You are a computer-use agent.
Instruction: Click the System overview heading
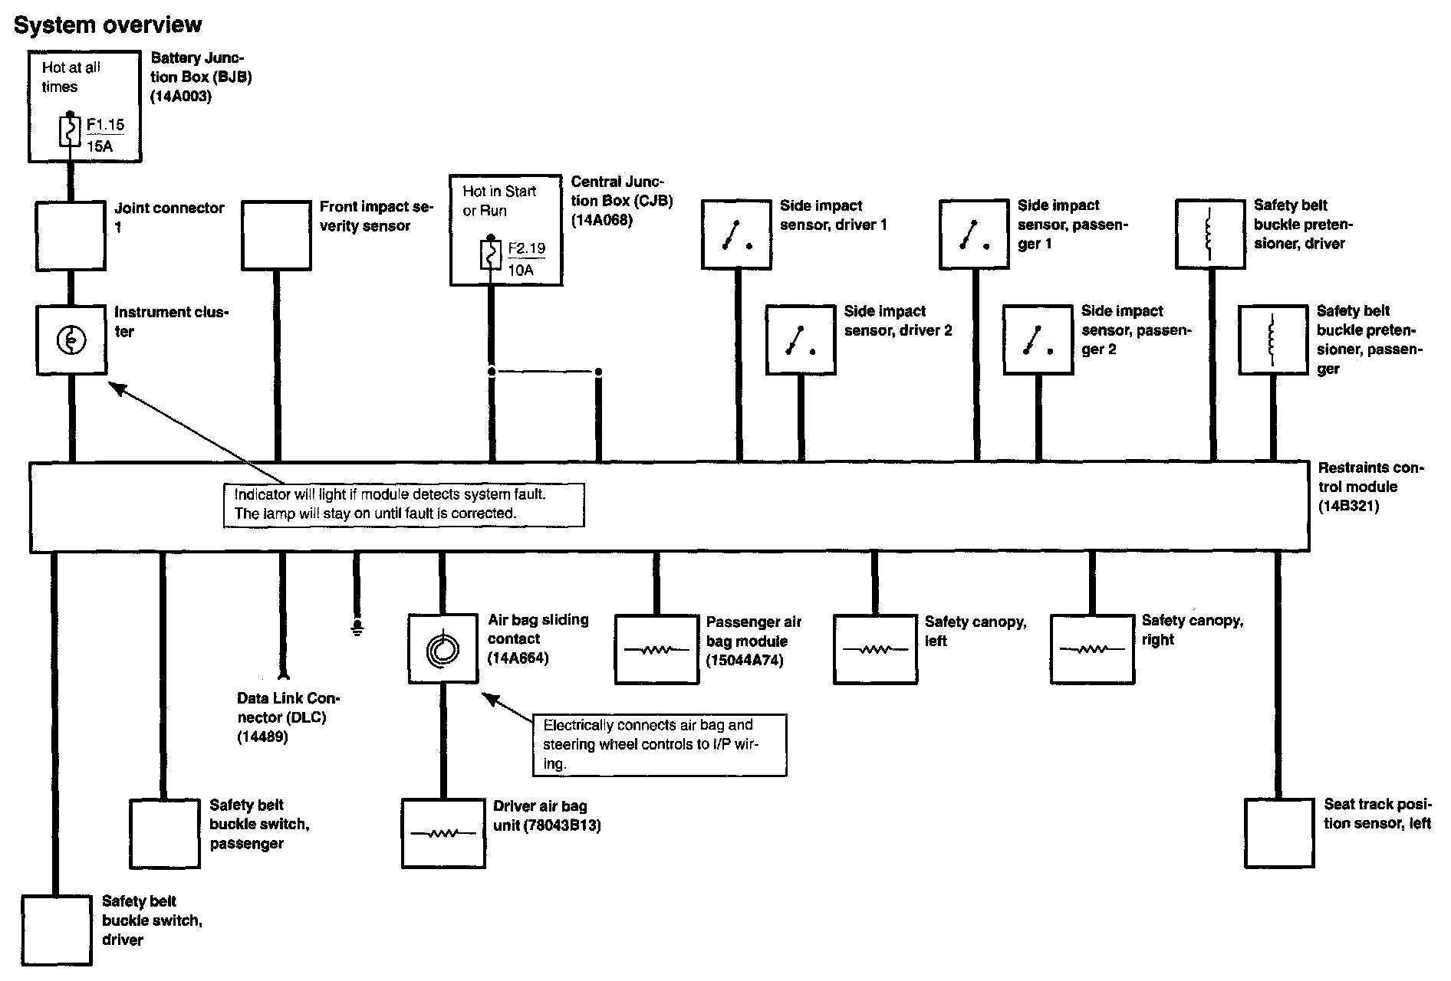108,25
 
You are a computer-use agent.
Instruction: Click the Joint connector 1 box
71,235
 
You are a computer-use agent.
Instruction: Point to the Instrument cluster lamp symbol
71,340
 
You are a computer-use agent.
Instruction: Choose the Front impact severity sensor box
276,235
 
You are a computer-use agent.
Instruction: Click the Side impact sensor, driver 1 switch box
736,235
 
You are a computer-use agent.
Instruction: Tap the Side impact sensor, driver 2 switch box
800,340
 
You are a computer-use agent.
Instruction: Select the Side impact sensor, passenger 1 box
974,235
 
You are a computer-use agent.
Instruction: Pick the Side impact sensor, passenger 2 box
1038,340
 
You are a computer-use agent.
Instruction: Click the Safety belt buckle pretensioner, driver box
1210,234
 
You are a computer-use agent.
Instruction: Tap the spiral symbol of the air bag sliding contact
443,649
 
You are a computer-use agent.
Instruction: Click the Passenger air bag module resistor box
656,649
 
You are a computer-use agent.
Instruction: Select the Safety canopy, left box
875,649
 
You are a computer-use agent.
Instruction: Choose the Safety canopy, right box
1092,649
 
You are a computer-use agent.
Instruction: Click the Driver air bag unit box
443,833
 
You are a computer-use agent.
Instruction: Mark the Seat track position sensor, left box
1278,833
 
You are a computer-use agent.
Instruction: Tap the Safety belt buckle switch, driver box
56,930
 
